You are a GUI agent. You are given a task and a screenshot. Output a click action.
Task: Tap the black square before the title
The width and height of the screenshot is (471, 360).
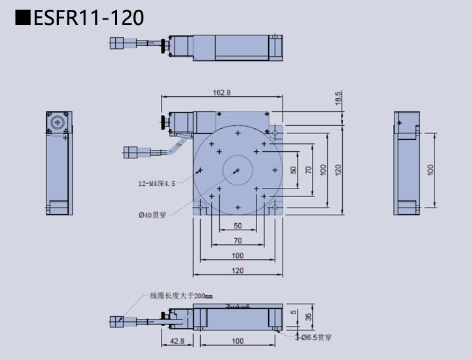pyautogui.click(x=22, y=18)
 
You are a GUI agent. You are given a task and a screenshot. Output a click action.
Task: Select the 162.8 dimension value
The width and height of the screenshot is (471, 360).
pyautogui.click(x=222, y=93)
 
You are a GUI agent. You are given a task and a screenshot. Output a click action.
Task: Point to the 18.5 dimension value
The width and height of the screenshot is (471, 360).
pyautogui.click(x=338, y=98)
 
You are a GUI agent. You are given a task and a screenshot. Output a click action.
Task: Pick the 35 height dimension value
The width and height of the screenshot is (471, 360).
pyautogui.click(x=309, y=317)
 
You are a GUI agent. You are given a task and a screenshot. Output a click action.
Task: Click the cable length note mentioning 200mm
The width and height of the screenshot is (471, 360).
pyautogui.click(x=177, y=296)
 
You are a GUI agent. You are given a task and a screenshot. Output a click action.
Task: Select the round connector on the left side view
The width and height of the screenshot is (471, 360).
pyautogui.click(x=56, y=122)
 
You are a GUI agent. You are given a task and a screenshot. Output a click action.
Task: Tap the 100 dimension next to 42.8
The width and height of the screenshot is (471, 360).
pyautogui.click(x=237, y=341)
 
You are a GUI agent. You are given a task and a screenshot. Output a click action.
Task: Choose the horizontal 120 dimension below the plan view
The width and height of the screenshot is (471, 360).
pyautogui.click(x=237, y=270)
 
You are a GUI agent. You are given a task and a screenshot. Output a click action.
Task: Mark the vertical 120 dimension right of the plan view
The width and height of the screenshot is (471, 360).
pyautogui.click(x=338, y=169)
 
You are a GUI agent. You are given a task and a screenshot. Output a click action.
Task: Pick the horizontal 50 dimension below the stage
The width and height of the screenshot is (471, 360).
pyautogui.click(x=237, y=226)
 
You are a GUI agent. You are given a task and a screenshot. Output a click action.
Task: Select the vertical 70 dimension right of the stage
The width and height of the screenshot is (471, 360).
pyautogui.click(x=309, y=169)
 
